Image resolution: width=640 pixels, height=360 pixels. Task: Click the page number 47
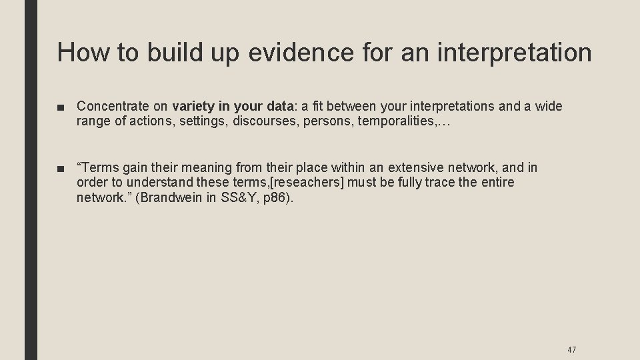pos(571,349)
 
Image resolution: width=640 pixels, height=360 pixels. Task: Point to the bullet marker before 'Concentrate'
pos(62,107)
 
